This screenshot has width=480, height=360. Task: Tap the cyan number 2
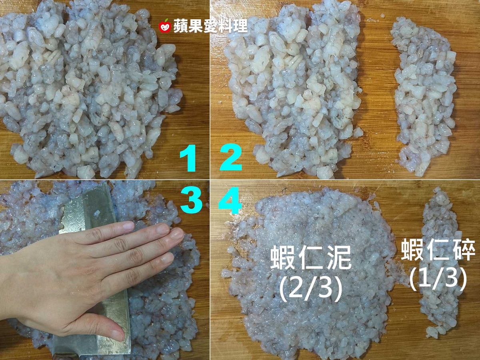tap(231, 157)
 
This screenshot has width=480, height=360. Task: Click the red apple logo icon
tap(165, 26)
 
